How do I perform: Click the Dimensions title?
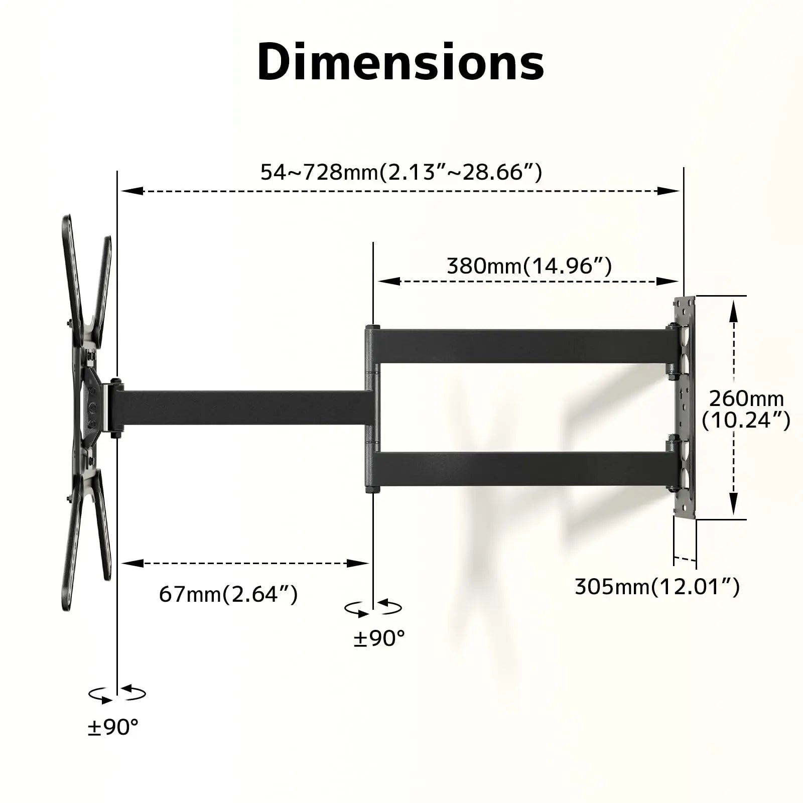click(x=400, y=62)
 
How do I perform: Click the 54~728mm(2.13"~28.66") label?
click(x=401, y=172)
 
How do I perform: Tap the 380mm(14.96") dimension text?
click(x=529, y=265)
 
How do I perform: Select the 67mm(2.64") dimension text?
click(x=228, y=594)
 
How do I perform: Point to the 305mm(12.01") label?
click(x=657, y=586)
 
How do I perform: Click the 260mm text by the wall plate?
click(x=746, y=398)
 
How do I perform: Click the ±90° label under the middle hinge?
click(x=379, y=638)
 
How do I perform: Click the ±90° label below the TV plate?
click(x=112, y=727)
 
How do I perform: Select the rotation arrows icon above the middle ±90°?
click(x=373, y=608)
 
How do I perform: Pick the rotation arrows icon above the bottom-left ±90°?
click(x=117, y=694)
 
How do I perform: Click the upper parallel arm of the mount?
click(x=522, y=346)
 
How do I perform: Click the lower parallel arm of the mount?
click(x=522, y=469)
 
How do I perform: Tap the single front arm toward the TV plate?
click(x=241, y=408)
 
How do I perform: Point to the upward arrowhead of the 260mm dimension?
click(x=733, y=310)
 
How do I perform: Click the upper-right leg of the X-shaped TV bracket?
click(x=104, y=281)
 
